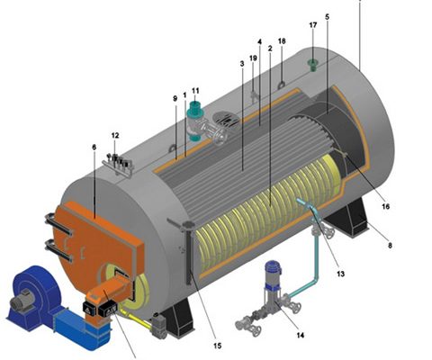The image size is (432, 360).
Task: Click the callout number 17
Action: pos(313,25)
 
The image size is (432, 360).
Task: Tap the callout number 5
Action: pos(327,17)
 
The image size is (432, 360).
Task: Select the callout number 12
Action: pos(115,135)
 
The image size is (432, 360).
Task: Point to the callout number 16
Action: pos(385,206)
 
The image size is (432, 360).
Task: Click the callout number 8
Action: pos(390,246)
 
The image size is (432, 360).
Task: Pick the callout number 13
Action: pos(340,274)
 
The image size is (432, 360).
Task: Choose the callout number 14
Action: pos(301,335)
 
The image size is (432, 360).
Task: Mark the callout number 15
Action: pos(218,346)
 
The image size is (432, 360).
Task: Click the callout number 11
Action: pos(195,90)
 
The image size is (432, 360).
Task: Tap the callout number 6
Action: pos(94,148)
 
